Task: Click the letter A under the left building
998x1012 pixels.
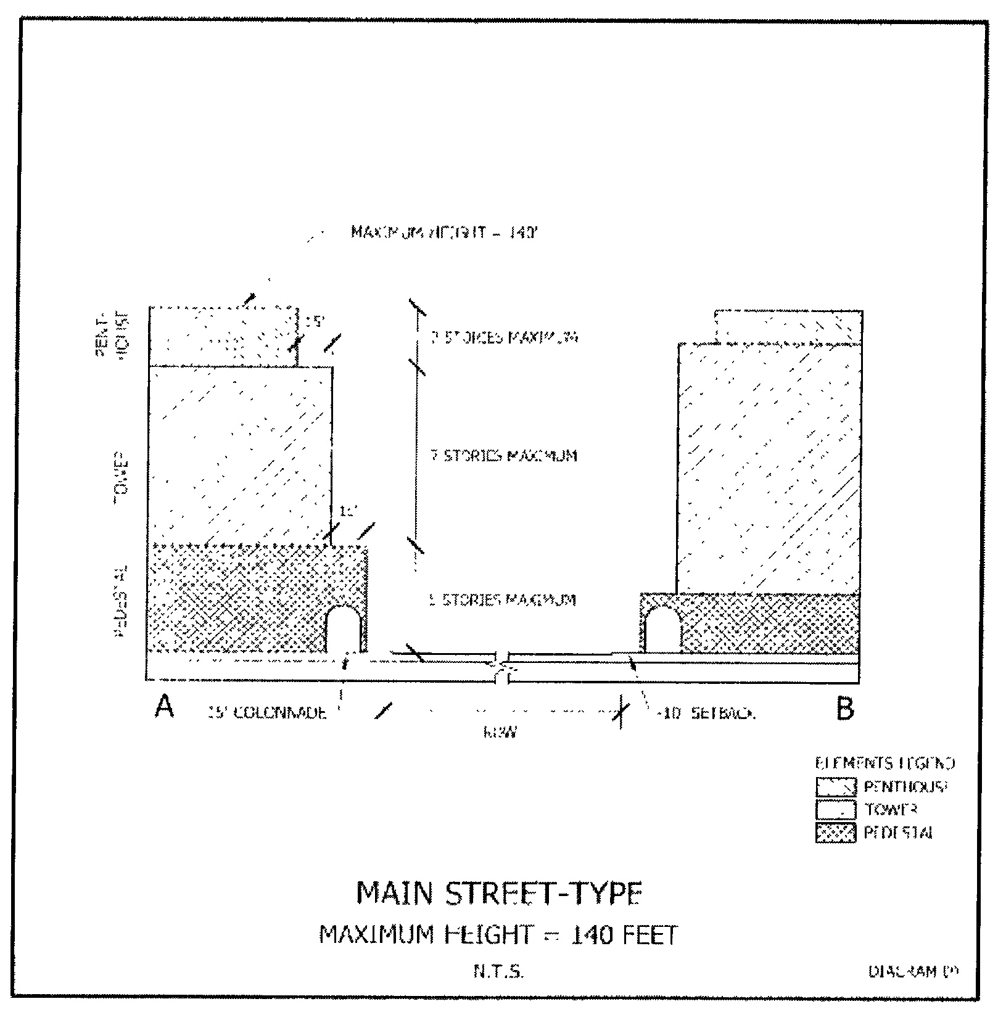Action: point(163,707)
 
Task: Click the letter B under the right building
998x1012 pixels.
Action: point(845,709)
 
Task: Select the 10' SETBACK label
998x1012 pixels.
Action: point(706,714)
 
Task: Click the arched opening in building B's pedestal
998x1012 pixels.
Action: point(660,628)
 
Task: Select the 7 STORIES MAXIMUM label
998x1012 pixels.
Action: point(503,456)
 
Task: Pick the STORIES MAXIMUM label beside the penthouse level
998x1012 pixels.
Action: point(503,338)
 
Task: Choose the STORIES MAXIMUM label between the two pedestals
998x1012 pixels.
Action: point(502,599)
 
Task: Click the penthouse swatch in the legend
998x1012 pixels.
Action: point(836,787)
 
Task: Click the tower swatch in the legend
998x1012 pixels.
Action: point(836,810)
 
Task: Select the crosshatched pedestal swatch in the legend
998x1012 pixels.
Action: point(836,833)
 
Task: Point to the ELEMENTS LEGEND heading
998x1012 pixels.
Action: point(885,763)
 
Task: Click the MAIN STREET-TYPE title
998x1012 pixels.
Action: point(499,894)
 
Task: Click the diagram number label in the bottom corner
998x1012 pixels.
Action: point(913,971)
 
